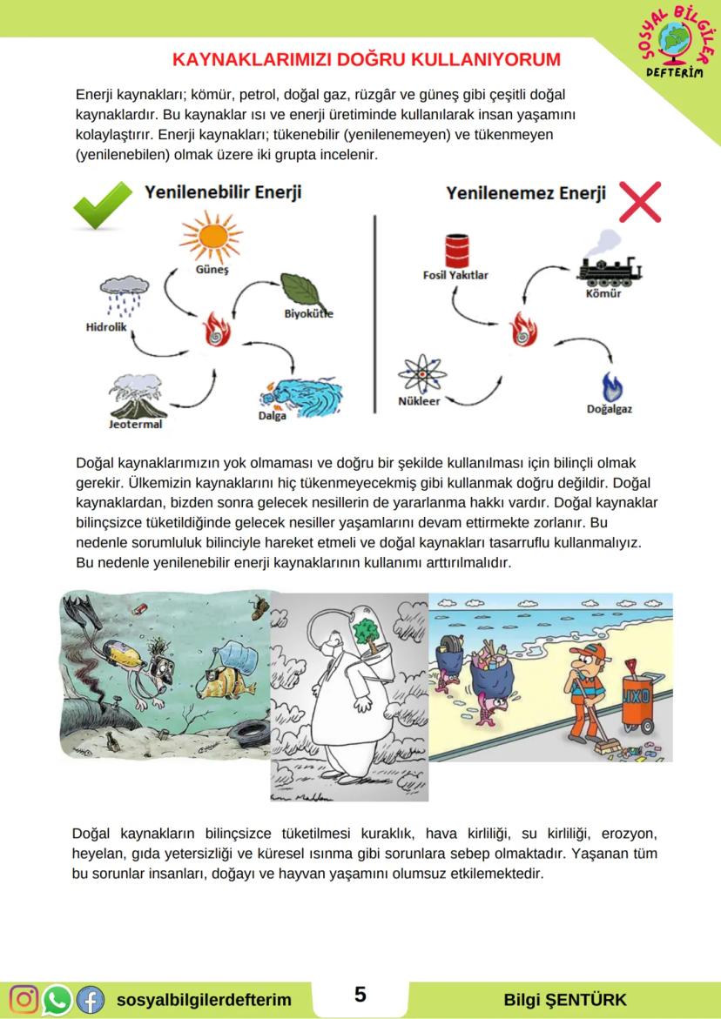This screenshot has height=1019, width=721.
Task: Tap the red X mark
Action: pyautogui.click(x=639, y=202)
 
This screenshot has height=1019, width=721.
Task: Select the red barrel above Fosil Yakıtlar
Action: pyautogui.click(x=456, y=251)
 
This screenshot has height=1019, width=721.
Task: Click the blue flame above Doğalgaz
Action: pyautogui.click(x=615, y=385)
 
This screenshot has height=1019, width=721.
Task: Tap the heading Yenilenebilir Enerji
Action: pyautogui.click(x=223, y=192)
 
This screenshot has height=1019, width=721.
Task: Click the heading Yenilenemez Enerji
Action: pyautogui.click(x=526, y=193)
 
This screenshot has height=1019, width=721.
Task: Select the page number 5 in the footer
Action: pyautogui.click(x=360, y=995)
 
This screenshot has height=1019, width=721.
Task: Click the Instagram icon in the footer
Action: pyautogui.click(x=24, y=999)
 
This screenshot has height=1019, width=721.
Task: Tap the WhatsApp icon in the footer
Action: pyautogui.click(x=57, y=999)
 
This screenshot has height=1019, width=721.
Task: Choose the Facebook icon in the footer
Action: pyautogui.click(x=90, y=999)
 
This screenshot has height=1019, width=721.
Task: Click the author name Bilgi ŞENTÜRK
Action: pyautogui.click(x=564, y=999)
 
